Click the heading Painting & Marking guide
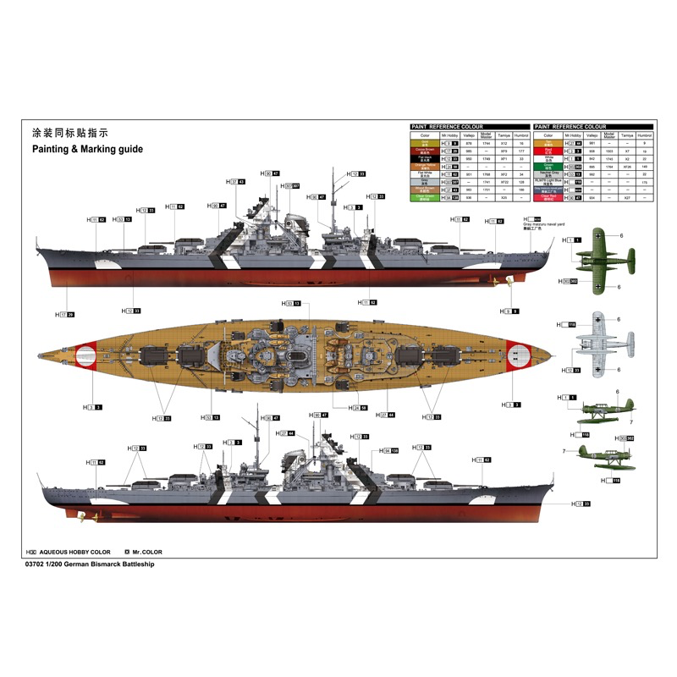87,148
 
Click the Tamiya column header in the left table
504,135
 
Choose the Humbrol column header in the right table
645,135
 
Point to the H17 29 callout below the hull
66,315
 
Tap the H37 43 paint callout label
237,182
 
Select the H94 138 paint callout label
390,451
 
